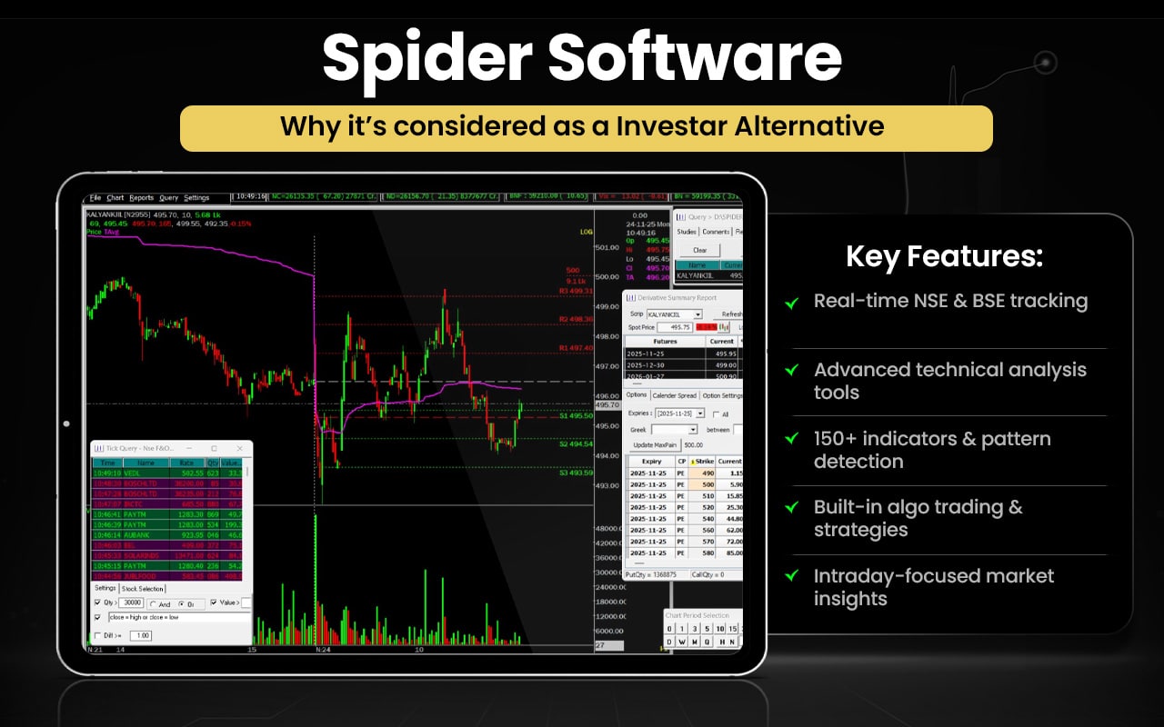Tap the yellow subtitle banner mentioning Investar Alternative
(x=586, y=127)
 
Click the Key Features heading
(x=944, y=256)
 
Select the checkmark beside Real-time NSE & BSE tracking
(x=792, y=303)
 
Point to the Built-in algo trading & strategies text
(x=918, y=518)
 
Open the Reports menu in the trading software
(x=141, y=197)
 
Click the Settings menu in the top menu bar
(x=196, y=197)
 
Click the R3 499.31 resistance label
(x=575, y=291)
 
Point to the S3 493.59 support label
(x=576, y=473)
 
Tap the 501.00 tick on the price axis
(x=607, y=247)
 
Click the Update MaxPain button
(x=655, y=444)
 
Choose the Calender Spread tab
(x=674, y=395)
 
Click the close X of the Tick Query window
(x=239, y=448)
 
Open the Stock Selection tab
(x=143, y=589)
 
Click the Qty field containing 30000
(x=132, y=603)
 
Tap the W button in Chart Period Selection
(x=682, y=642)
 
